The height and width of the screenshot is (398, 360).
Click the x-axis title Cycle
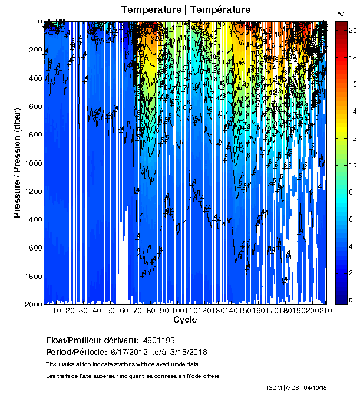(x=185, y=320)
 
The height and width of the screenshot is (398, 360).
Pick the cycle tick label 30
(x=83, y=311)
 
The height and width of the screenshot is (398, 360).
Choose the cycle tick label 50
(x=110, y=311)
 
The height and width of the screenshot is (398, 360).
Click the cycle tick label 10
(x=57, y=311)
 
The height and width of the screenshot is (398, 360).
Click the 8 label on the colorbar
(x=351, y=192)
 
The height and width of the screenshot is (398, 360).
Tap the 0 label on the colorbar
(x=351, y=300)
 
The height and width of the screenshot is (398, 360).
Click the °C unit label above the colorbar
(x=341, y=13)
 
